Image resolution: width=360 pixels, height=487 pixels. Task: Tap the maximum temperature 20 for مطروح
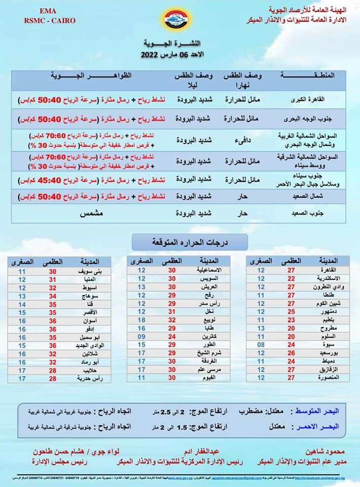[291, 328]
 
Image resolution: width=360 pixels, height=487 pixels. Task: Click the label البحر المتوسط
[321, 408]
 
